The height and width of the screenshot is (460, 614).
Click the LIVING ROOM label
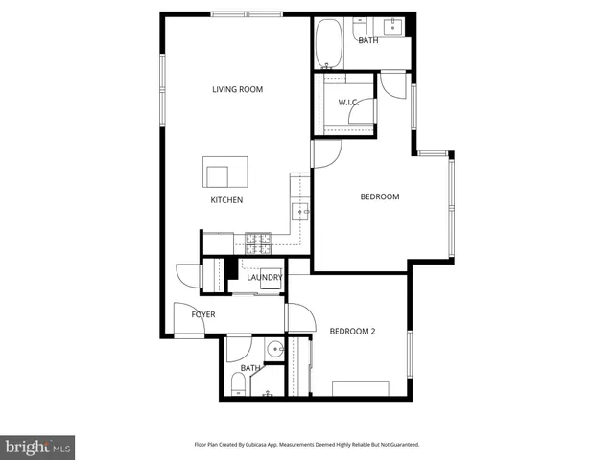coord(238,90)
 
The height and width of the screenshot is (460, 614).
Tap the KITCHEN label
coord(227,200)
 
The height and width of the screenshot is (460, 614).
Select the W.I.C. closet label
coord(347,103)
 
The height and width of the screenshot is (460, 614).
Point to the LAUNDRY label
coord(264,278)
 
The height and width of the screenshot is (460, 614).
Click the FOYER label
coord(203,314)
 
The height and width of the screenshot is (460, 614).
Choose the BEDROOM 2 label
coord(352,332)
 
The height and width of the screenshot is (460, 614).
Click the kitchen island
coord(225,172)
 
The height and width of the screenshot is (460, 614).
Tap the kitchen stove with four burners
coord(258,240)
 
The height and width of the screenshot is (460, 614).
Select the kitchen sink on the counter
coord(299,211)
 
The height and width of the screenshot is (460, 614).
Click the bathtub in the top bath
coord(329,43)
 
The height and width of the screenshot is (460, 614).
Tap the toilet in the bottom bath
coord(237,384)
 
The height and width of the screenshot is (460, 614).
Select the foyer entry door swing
coord(184,316)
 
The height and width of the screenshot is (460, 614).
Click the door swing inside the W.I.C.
coord(361,114)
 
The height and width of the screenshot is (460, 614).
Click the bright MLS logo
coord(37,447)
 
